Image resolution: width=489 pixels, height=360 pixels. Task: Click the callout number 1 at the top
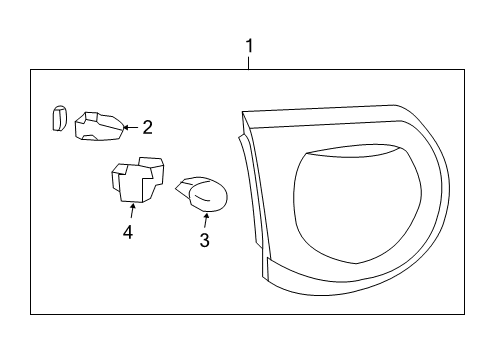coord(249,46)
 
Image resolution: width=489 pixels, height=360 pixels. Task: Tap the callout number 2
coord(147,127)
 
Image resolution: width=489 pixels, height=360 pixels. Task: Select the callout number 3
coord(204,240)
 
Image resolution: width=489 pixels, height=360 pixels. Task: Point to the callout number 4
coord(128,233)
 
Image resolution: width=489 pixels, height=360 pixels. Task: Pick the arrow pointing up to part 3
coord(206,219)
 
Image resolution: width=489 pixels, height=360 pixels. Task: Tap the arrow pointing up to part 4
coord(131,210)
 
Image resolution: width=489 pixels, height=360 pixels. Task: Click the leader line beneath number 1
coord(249,62)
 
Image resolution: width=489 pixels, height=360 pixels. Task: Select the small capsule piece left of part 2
coord(58,118)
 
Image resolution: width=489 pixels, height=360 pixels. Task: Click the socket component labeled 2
coord(101,125)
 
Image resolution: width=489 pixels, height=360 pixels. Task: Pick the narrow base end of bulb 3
coord(182,185)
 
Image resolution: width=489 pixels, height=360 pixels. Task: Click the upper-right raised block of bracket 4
coord(151,165)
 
